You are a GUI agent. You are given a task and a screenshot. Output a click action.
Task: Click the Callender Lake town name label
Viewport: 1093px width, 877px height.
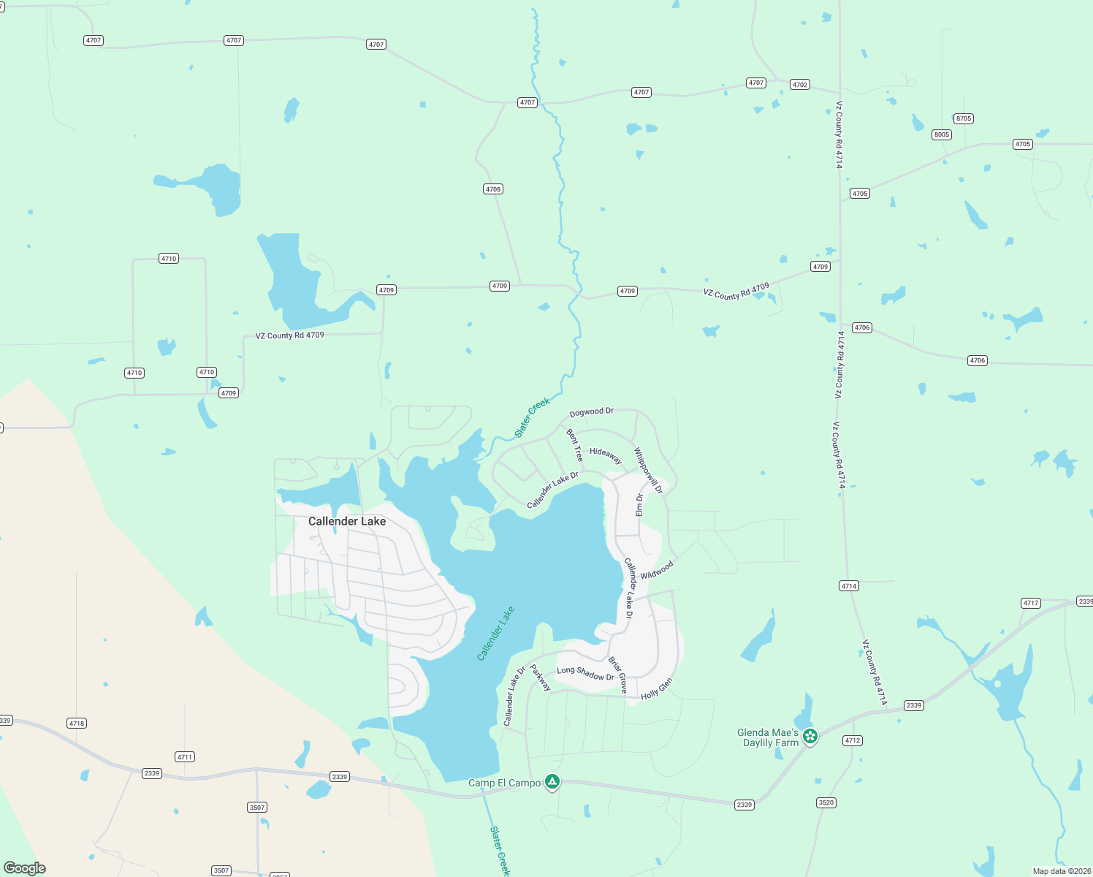tap(346, 521)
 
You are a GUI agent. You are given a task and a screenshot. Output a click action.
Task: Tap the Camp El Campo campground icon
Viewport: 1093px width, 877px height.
tap(552, 783)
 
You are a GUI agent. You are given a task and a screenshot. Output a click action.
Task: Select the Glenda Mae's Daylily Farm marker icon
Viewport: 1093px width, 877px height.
tap(810, 737)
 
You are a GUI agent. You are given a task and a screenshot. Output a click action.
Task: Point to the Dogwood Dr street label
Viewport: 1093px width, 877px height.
tap(591, 412)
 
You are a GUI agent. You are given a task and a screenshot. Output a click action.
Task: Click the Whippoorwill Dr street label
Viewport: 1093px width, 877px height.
tap(648, 471)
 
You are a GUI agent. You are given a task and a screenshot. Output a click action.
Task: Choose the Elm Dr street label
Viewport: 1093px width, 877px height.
tap(639, 505)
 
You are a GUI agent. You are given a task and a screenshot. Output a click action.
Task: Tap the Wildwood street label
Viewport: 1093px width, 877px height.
tap(657, 570)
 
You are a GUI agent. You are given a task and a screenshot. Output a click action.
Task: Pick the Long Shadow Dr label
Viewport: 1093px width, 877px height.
tap(585, 673)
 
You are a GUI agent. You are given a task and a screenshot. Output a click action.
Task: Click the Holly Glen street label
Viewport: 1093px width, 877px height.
tap(656, 689)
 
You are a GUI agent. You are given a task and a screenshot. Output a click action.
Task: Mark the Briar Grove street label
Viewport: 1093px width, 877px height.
tap(618, 675)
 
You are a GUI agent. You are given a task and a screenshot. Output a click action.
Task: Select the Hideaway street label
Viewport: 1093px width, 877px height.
tap(606, 455)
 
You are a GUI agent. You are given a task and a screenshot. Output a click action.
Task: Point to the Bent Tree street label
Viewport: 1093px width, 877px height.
tap(575, 445)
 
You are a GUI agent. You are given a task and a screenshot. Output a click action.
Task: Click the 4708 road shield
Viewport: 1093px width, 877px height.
tap(493, 189)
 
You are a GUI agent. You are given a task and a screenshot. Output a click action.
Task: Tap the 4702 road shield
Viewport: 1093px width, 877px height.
tap(800, 85)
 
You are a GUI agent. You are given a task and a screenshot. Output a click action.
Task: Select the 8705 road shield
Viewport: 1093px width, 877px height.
tap(964, 118)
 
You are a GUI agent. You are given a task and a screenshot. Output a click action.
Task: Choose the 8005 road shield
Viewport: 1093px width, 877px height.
tap(942, 134)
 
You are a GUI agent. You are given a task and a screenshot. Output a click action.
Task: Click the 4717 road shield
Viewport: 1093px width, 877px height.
tap(1031, 603)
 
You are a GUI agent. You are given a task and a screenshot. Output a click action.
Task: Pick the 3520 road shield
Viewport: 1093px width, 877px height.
tap(826, 802)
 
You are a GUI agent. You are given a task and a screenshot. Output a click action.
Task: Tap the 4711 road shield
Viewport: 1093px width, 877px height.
tap(185, 757)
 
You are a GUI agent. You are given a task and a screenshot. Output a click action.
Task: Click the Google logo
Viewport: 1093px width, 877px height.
tap(25, 868)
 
